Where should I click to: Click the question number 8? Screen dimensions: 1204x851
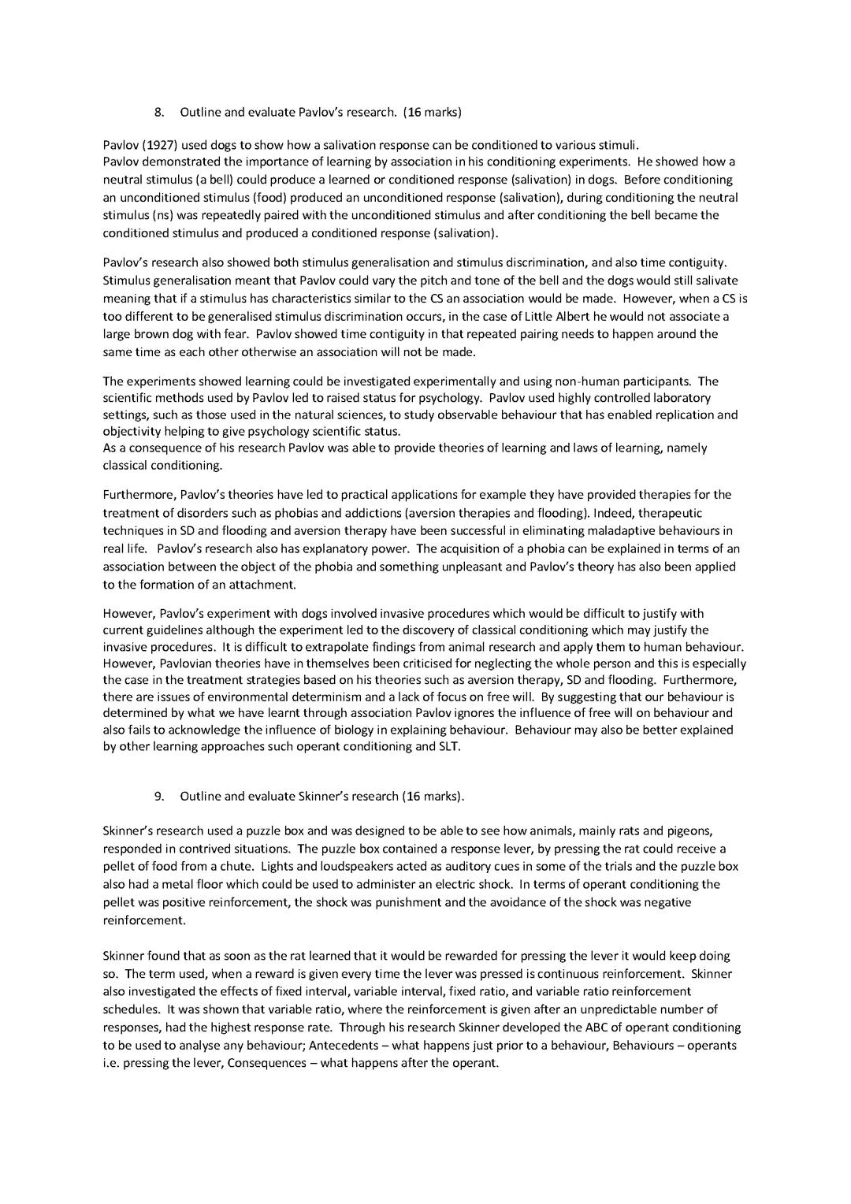click(158, 112)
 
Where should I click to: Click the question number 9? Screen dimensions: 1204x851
click(158, 796)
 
